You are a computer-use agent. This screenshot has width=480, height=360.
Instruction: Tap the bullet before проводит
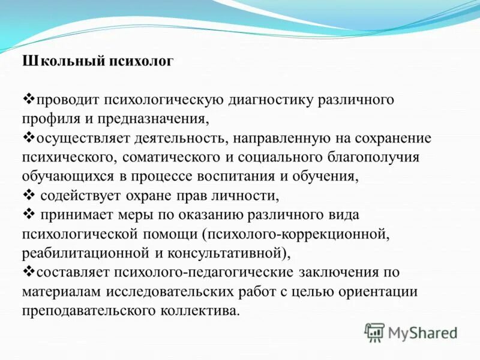point(28,98)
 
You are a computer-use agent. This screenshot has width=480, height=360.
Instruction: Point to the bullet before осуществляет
point(28,137)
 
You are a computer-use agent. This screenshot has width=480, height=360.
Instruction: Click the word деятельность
point(184,138)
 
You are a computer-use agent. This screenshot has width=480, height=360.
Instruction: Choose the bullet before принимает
point(28,214)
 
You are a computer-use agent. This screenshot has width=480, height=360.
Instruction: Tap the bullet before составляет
point(28,271)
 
